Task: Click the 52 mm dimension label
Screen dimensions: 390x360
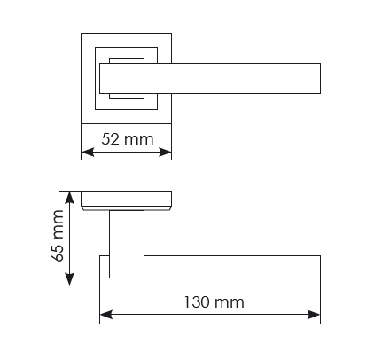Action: (128, 139)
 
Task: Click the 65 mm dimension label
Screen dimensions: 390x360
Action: (58, 236)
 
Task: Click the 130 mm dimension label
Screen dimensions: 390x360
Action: (214, 302)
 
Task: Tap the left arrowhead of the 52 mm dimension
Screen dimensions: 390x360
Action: (88, 153)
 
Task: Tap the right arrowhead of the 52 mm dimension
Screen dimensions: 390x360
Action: (165, 153)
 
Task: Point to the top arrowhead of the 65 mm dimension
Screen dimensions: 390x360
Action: (69, 198)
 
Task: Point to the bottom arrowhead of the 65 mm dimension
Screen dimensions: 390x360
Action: (69, 279)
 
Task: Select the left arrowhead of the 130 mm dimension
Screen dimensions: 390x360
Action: (106, 315)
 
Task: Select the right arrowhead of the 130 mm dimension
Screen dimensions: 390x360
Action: (314, 315)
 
